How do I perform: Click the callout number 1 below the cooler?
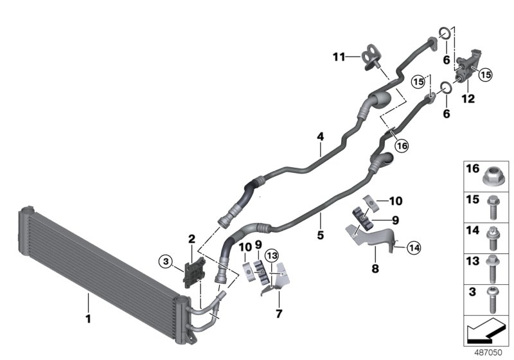89,318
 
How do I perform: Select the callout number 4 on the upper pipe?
319,136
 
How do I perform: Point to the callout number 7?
279,314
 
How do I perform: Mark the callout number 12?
468,99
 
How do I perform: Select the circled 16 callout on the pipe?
401,146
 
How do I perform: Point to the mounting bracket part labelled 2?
191,269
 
